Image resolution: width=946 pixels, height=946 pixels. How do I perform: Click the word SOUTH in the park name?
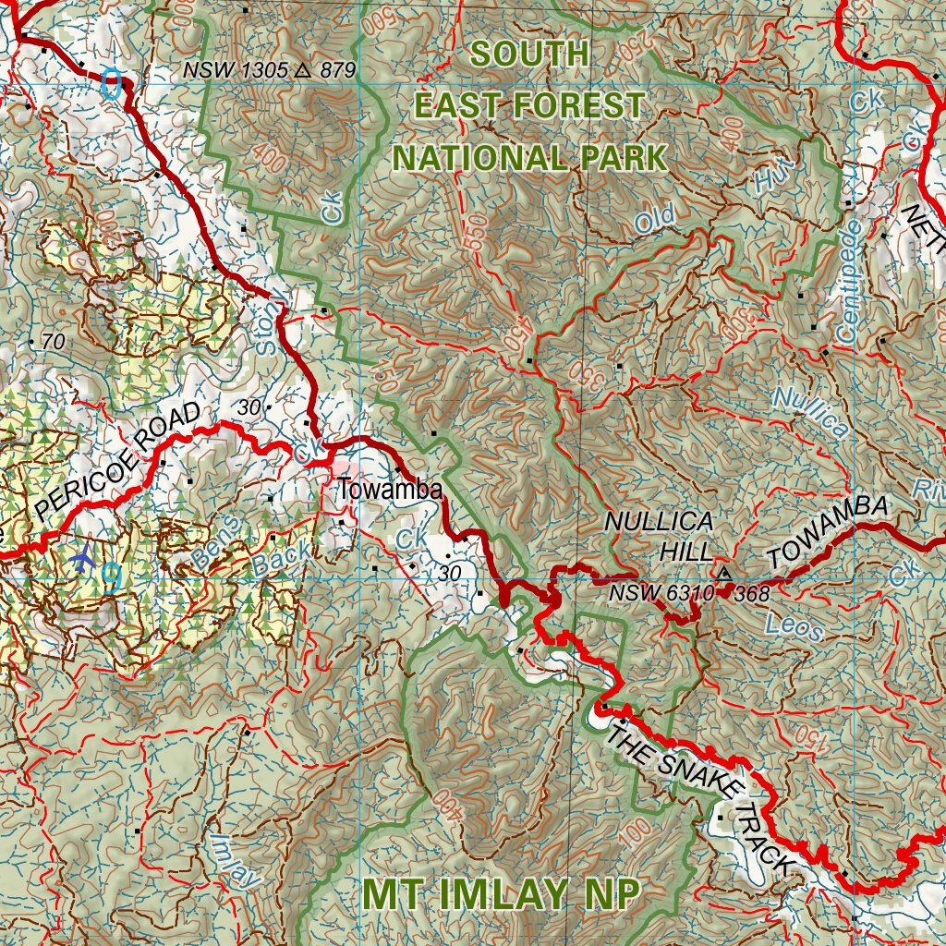[529, 54]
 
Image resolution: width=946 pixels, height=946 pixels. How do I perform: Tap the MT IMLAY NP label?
[500, 894]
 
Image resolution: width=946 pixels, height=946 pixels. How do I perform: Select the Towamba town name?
[389, 490]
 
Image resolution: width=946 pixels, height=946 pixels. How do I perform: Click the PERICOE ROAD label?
[117, 461]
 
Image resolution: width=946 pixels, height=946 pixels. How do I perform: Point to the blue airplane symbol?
[83, 558]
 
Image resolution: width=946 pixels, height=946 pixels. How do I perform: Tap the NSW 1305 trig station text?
[235, 69]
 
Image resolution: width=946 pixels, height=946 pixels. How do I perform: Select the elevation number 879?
[338, 69]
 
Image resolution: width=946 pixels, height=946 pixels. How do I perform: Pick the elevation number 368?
[753, 594]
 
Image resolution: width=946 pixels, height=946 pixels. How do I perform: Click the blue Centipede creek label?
[848, 278]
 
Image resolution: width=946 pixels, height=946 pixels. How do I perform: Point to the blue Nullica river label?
[810, 411]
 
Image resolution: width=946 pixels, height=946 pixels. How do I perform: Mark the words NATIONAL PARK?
[529, 158]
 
